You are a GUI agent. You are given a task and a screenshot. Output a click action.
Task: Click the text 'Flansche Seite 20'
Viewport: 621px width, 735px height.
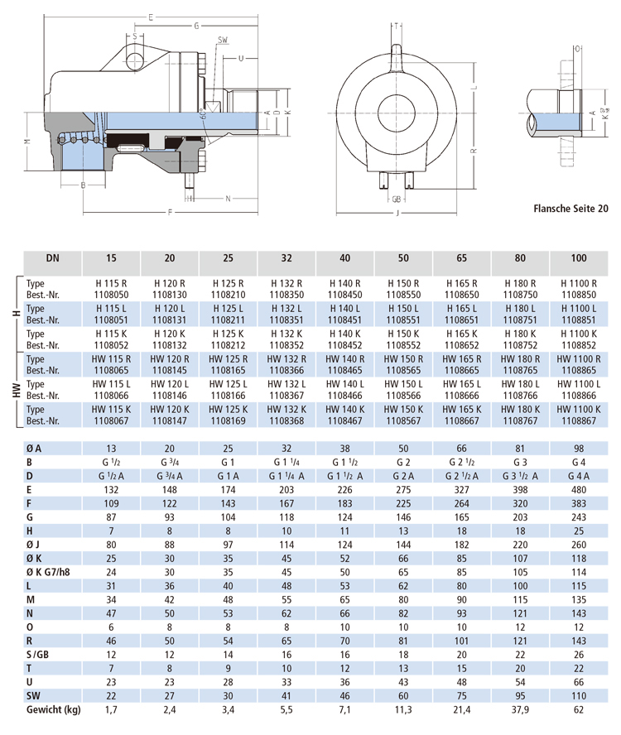coord(570,210)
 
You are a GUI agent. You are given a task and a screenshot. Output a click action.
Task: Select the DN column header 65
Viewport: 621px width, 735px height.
coord(462,258)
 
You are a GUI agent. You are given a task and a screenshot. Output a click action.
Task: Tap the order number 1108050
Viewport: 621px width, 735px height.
coord(112,293)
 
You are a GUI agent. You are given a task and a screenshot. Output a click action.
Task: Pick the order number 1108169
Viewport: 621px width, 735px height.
coord(229,420)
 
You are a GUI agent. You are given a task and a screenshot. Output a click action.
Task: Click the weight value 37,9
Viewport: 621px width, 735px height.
coord(520,710)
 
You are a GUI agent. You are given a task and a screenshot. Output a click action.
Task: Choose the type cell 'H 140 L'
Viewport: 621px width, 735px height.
coord(345,308)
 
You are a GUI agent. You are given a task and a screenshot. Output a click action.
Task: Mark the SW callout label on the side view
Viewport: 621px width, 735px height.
coord(224,39)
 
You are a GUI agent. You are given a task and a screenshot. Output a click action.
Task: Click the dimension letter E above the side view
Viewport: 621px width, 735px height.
coord(149,17)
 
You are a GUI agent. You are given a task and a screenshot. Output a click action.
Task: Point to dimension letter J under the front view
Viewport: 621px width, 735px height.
coord(397,213)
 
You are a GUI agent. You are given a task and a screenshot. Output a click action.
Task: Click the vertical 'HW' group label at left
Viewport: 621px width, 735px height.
coord(16,390)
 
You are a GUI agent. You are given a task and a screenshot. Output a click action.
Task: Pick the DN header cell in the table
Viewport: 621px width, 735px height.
coord(52,258)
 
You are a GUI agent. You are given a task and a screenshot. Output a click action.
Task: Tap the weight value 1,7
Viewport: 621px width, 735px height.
coord(112,710)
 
